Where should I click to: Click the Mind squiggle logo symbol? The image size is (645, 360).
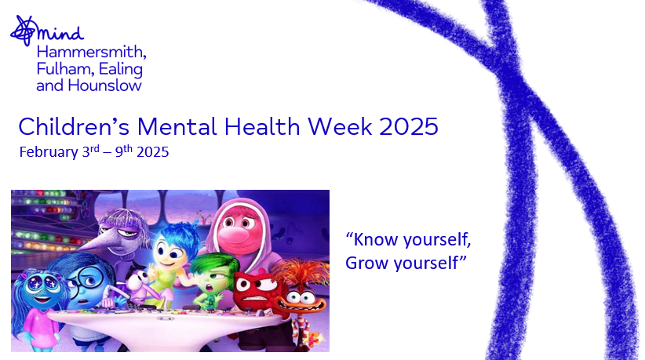point(24,31)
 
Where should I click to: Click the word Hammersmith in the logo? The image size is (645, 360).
point(91,53)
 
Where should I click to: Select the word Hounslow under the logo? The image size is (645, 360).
point(104,85)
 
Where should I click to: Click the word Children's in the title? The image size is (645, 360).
point(74,126)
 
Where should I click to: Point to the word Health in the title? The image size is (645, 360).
point(262,126)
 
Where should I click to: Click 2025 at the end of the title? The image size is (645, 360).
point(409,126)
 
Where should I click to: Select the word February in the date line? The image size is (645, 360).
point(49,152)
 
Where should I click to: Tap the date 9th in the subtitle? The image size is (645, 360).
point(123,151)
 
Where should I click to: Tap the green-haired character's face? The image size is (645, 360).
point(211,282)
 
